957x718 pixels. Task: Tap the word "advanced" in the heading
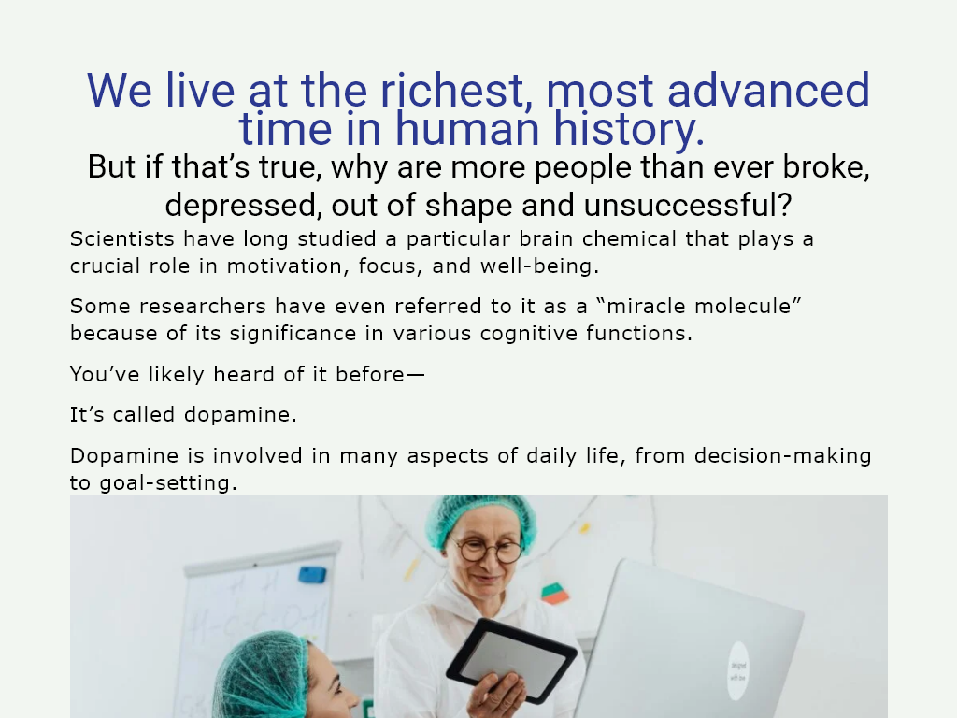pos(768,91)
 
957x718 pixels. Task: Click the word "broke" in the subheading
pos(822,168)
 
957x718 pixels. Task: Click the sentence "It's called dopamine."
pos(183,414)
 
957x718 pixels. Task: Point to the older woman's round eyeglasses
pos(489,550)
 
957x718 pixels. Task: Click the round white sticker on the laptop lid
pos(738,669)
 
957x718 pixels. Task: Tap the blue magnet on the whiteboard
pos(312,574)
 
